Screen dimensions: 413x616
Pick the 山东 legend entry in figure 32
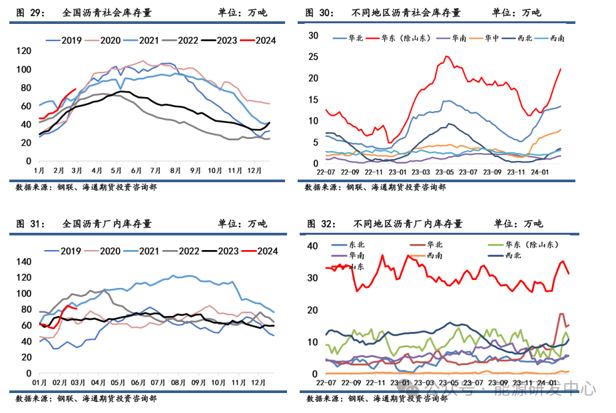(x=357, y=266)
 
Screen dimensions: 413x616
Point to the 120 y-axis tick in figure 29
(x=23, y=51)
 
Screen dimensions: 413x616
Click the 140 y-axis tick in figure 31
(x=23, y=261)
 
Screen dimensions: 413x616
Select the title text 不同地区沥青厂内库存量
(x=408, y=223)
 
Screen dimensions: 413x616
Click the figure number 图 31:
(x=30, y=223)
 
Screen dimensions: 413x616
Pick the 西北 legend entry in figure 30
(x=525, y=38)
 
